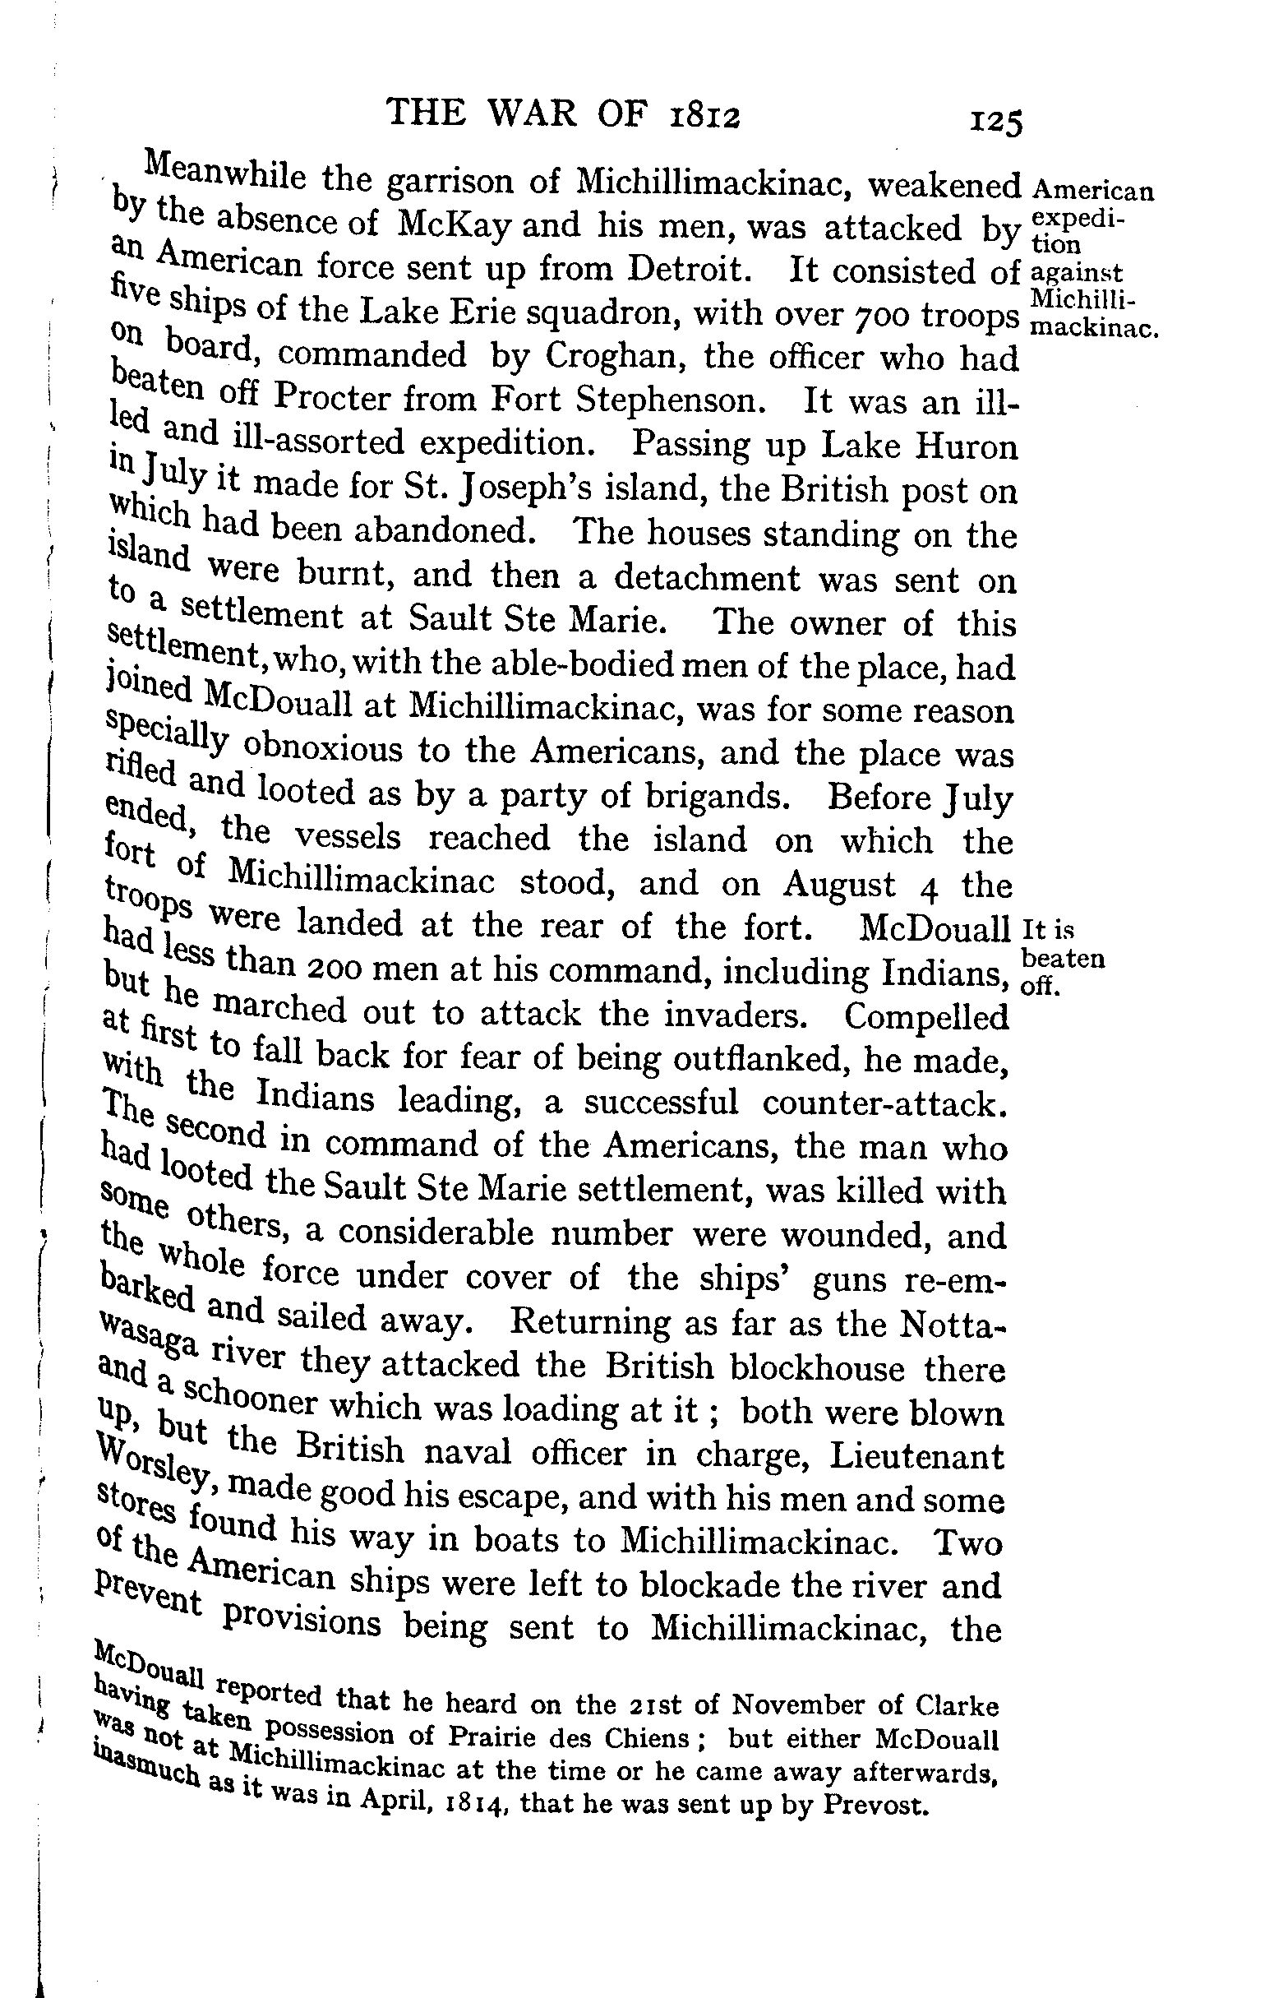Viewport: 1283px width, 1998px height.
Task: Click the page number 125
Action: coord(995,123)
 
